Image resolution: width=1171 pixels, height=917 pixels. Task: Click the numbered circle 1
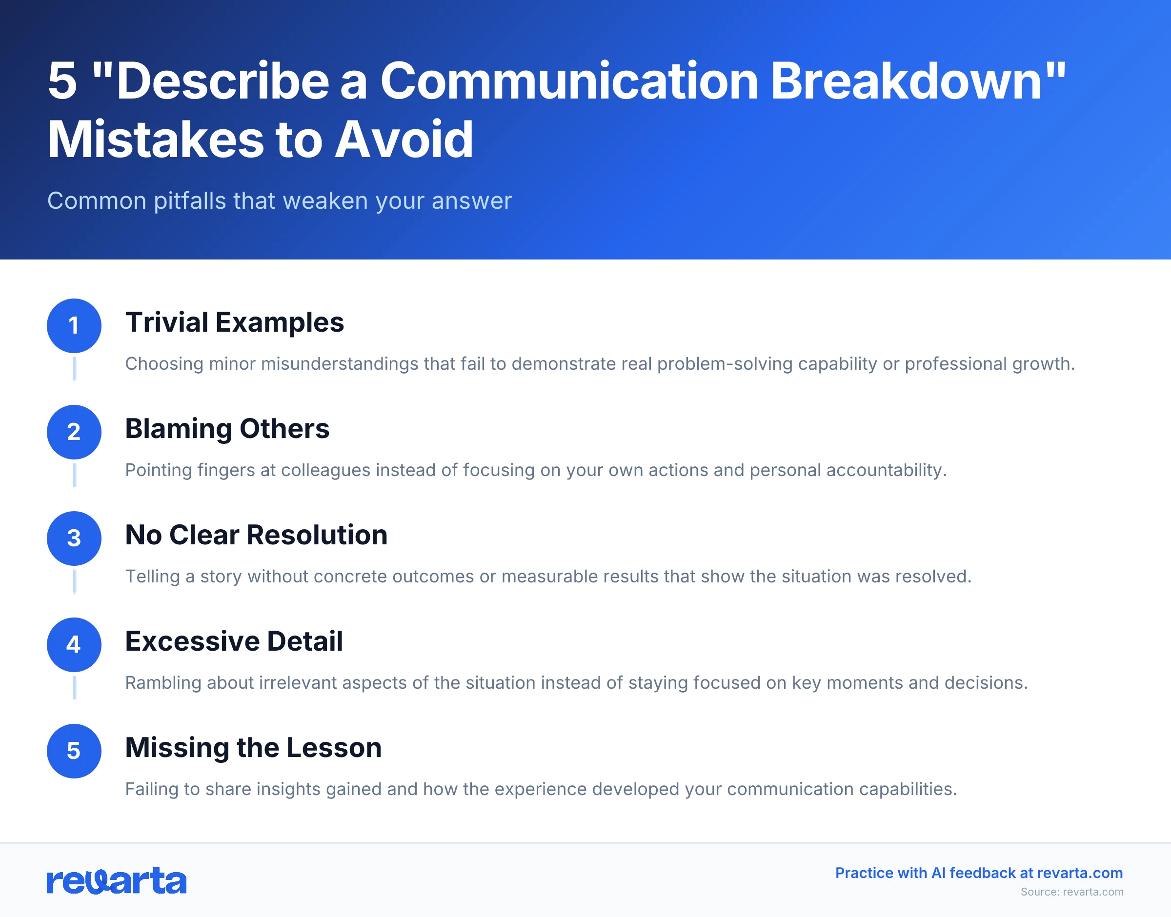74,325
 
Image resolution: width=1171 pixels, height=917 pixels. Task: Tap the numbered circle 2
74,432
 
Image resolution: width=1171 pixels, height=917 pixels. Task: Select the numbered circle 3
74,538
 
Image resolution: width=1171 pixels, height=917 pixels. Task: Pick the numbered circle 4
74,644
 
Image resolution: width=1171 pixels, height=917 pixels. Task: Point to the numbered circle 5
74,751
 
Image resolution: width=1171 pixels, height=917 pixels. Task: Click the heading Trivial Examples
234,322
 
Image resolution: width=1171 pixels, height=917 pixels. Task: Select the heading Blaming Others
227,428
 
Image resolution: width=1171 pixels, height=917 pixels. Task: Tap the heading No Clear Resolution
256,535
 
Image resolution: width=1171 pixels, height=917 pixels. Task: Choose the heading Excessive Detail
234,641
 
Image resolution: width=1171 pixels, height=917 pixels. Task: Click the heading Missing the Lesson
253,747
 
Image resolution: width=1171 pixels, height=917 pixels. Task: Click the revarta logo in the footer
117,880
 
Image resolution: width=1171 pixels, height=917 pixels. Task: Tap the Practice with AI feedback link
978,873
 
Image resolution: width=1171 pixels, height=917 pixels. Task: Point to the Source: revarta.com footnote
1071,892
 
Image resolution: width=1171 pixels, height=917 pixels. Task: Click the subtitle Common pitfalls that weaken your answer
279,201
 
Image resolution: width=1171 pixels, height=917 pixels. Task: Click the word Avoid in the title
404,140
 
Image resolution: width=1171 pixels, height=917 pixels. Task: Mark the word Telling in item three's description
153,576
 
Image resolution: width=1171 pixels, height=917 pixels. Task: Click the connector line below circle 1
75,368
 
